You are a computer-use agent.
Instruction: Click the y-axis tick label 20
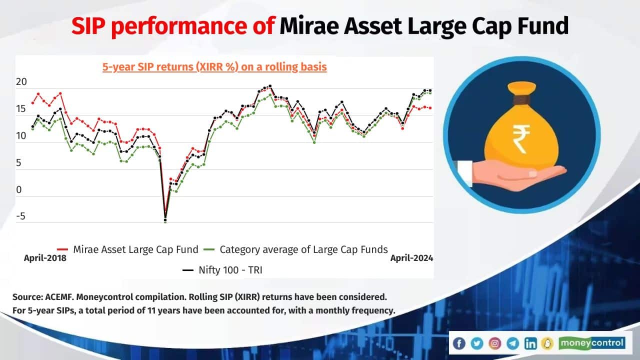pyautogui.click(x=21, y=82)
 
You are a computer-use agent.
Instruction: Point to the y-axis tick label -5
pyautogui.click(x=21, y=217)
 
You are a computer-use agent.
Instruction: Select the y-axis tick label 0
pyautogui.click(x=19, y=190)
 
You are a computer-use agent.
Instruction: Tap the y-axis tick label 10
pyautogui.click(x=21, y=136)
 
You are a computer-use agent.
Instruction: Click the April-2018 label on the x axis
pyautogui.click(x=45, y=258)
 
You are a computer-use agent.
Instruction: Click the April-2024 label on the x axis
pyautogui.click(x=411, y=258)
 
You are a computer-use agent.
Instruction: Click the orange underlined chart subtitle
pyautogui.click(x=214, y=67)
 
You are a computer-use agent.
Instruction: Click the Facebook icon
pyautogui.click(x=459, y=343)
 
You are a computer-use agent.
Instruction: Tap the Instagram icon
pyautogui.click(x=494, y=343)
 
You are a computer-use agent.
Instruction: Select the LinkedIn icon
pyautogui.click(x=530, y=343)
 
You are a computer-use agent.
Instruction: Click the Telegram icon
pyautogui.click(x=512, y=343)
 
